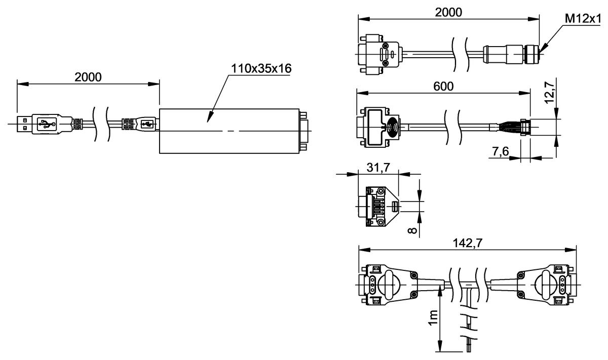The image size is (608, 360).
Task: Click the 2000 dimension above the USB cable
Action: click(88, 77)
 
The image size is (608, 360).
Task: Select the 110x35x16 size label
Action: click(261, 68)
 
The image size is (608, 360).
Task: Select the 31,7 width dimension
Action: click(378, 168)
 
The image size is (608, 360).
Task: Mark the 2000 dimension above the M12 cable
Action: click(449, 12)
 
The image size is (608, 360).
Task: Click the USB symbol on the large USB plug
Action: click(46, 124)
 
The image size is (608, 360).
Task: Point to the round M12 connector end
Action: click(534, 51)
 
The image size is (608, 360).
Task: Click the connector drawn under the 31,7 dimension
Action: click(377, 207)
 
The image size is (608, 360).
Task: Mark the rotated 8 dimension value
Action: click(413, 231)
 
